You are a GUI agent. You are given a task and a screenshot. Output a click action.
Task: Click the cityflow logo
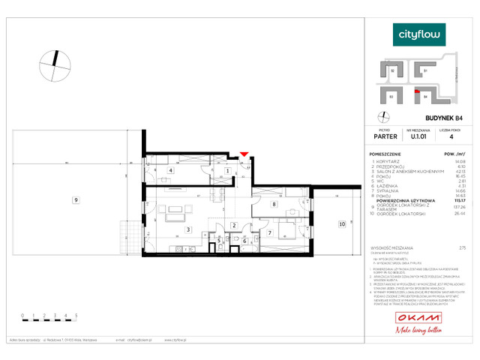click(420, 34)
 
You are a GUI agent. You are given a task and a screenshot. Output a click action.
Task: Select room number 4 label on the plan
click(172, 171)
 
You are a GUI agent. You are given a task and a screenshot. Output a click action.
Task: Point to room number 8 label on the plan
click(274, 204)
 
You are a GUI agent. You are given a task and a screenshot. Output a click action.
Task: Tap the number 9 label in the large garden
click(75, 199)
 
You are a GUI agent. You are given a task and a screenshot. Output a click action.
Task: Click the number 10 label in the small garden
click(341, 223)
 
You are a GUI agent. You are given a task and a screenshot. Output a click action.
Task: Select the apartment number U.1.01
click(418, 137)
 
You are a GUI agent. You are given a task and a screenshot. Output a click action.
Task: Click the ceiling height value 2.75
click(462, 247)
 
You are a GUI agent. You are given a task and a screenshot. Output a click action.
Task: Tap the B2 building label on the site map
click(393, 70)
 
